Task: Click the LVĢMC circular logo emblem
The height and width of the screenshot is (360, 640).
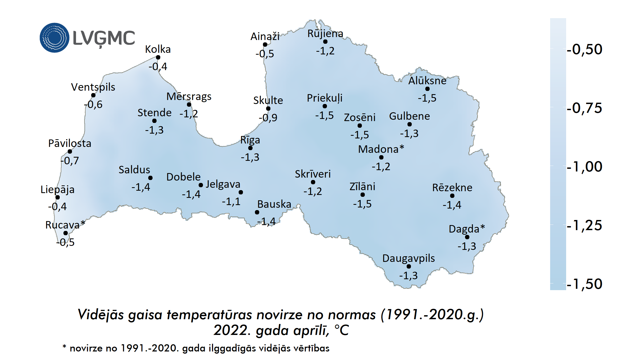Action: tap(54, 38)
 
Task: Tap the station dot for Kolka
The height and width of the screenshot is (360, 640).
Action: tap(158, 57)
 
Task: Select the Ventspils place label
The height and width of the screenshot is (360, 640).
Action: tap(93, 87)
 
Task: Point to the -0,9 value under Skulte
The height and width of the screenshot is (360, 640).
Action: tap(268, 118)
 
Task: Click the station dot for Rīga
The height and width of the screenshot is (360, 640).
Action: tap(250, 148)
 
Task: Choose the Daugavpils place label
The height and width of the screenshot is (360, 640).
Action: tap(409, 258)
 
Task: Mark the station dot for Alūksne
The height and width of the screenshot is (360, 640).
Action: tap(427, 89)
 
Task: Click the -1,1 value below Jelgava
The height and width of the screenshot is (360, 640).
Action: tap(231, 202)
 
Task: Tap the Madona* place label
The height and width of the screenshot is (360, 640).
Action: tap(381, 149)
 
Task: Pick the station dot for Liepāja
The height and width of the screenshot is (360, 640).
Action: tap(58, 197)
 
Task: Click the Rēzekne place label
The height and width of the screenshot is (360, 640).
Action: tap(452, 188)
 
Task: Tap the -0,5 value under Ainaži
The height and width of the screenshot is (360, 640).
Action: tap(265, 54)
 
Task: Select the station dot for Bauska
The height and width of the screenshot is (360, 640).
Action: tap(257, 212)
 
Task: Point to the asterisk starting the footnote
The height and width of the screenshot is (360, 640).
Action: tap(64, 347)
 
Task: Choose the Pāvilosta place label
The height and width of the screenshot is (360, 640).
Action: tap(70, 143)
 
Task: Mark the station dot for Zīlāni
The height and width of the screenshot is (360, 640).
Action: tap(363, 195)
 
